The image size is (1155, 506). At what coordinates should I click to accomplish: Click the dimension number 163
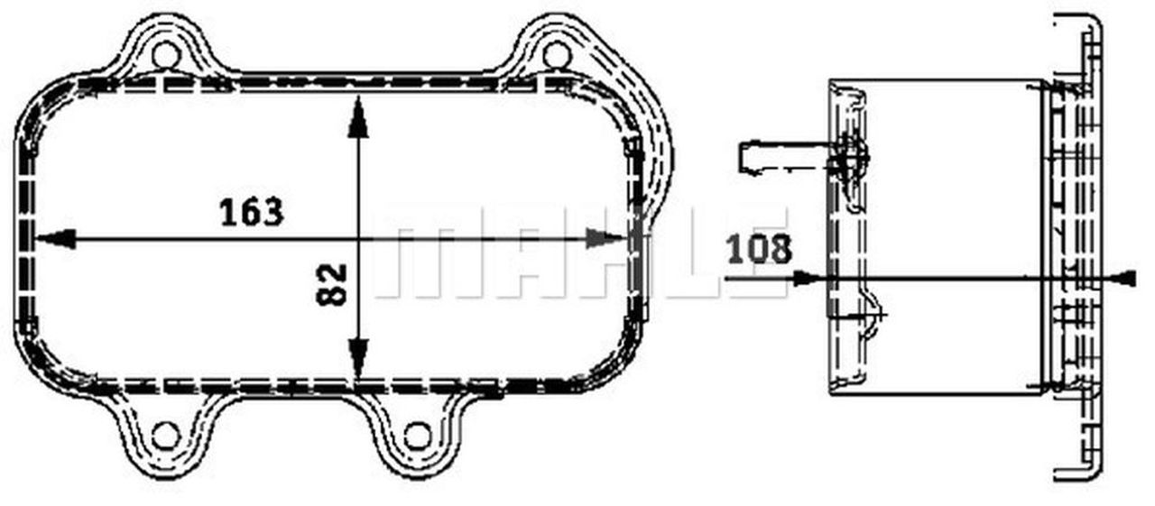pos(252,212)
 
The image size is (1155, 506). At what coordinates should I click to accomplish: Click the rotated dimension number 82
pos(331,284)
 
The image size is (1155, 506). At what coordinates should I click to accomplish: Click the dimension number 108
pos(759,250)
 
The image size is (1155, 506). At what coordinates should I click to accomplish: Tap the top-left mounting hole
pos(166,56)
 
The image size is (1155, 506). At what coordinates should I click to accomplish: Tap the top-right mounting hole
pos(557,56)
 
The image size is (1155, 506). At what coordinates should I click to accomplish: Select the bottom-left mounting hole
pos(166,436)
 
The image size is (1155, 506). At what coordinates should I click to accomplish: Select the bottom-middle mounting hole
pos(418,436)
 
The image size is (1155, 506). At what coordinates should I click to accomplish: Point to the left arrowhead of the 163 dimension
pos(55,239)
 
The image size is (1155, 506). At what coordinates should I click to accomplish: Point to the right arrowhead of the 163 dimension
pos(606,239)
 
